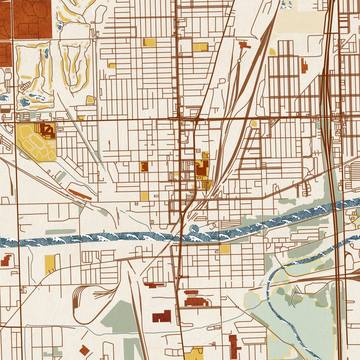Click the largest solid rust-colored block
tap(32, 19)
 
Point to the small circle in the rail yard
tap(239, 61)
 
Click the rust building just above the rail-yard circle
tap(244, 46)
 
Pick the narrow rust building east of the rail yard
tap(304, 66)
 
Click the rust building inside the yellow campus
tap(47, 130)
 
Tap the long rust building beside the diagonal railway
tap(80, 194)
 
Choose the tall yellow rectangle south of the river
tap(50, 264)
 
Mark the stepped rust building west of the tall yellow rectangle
tap(6, 260)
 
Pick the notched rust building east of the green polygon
tap(162, 316)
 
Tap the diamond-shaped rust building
tap(84, 350)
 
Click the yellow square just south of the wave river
tap(225, 249)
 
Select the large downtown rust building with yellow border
tap(202, 168)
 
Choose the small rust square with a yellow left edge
tap(144, 166)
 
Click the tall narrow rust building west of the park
tap(234, 346)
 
